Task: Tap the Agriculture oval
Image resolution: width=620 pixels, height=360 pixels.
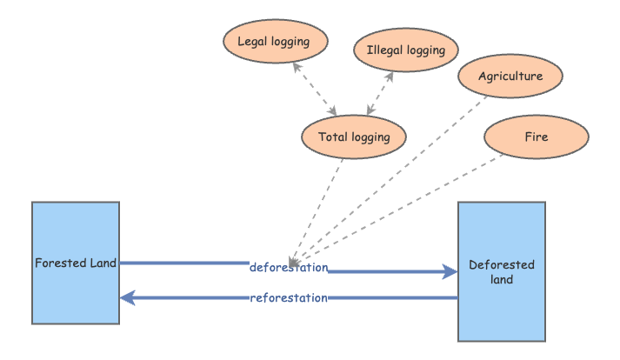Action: pyautogui.click(x=510, y=76)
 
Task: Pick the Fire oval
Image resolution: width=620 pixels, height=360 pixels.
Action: pyautogui.click(x=536, y=137)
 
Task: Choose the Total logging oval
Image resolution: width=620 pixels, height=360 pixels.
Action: pyautogui.click(x=354, y=137)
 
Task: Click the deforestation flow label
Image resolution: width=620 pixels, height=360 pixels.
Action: pyautogui.click(x=289, y=267)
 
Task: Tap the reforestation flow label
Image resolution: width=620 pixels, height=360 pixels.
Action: pyautogui.click(x=289, y=298)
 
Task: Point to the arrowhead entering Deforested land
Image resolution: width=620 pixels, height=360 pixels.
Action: pyautogui.click(x=450, y=272)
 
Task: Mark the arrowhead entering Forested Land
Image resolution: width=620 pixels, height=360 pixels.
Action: pyautogui.click(x=127, y=298)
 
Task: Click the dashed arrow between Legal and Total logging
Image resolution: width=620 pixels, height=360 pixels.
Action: pyautogui.click(x=317, y=89)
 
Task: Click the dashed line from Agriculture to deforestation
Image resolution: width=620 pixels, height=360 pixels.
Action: pyautogui.click(x=391, y=174)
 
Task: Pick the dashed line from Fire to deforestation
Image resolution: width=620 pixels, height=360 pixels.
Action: pyautogui.click(x=400, y=209)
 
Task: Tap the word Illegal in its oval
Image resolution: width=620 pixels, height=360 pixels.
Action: pyautogui.click(x=383, y=50)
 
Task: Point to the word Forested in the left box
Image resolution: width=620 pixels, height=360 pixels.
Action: pyautogui.click(x=59, y=262)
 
